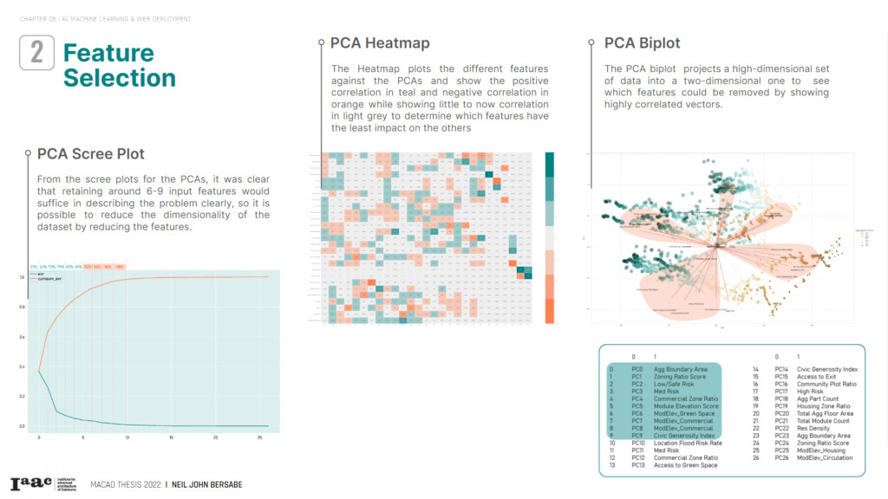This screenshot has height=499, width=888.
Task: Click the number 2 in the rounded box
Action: [37, 52]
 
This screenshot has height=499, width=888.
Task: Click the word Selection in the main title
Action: [120, 78]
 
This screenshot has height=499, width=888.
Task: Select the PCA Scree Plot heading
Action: [90, 154]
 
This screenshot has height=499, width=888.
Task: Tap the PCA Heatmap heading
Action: [380, 42]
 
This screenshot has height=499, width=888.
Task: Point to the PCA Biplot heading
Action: [643, 42]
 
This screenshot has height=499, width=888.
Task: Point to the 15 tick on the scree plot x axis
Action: [172, 437]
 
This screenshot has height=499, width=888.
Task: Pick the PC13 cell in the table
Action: [638, 465]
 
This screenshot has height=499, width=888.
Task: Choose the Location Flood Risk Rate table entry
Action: [688, 443]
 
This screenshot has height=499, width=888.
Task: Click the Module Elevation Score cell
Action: [686, 405]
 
